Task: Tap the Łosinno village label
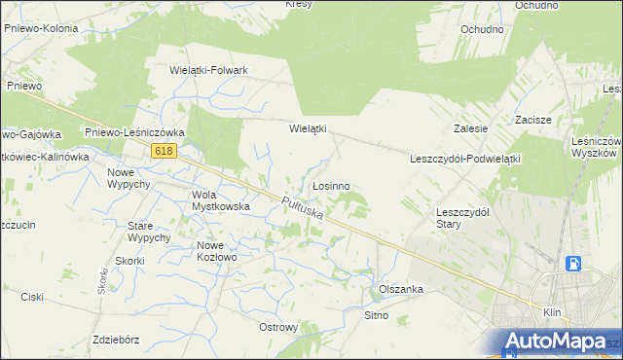coord(331,185)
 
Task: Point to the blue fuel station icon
coord(574,264)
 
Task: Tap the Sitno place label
coord(377,315)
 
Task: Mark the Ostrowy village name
coord(278,327)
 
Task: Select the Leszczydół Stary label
coord(462,216)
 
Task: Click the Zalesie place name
coord(470,128)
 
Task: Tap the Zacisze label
coord(533,119)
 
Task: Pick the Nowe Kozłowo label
coord(217,251)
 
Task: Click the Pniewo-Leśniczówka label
coord(134,132)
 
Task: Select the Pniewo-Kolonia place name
coord(41,29)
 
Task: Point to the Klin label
coord(552,313)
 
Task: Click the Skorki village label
coord(129,261)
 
